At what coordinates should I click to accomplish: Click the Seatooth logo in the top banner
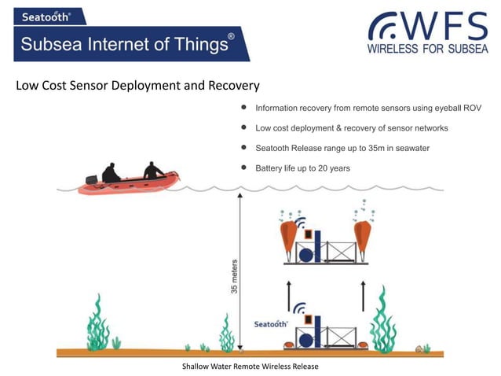(x=46, y=16)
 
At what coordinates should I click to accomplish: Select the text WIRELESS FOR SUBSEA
(x=427, y=49)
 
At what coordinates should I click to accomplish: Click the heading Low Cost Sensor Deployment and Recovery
(x=137, y=85)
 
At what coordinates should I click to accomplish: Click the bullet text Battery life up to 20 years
(x=302, y=168)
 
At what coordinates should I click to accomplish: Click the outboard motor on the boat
(x=89, y=179)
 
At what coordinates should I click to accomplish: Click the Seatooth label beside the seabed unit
(x=271, y=323)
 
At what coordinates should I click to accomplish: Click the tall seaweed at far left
(x=98, y=323)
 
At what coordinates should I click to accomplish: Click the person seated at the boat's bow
(x=153, y=171)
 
